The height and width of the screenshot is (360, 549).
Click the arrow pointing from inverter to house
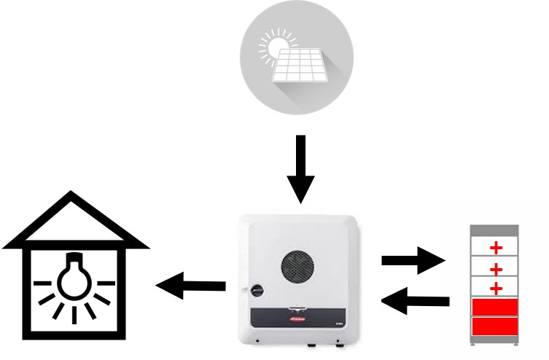(x=191, y=284)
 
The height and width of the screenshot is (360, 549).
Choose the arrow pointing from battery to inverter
(x=416, y=299)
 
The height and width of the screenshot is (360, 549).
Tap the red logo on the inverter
(x=299, y=319)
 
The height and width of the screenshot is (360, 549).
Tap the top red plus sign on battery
(x=497, y=248)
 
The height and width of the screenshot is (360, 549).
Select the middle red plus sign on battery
(x=497, y=267)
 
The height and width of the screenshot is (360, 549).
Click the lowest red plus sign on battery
(x=497, y=288)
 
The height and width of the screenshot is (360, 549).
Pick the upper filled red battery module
(x=497, y=307)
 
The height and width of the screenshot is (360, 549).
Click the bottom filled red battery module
(x=497, y=326)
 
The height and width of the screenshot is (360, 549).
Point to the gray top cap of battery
(x=497, y=231)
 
